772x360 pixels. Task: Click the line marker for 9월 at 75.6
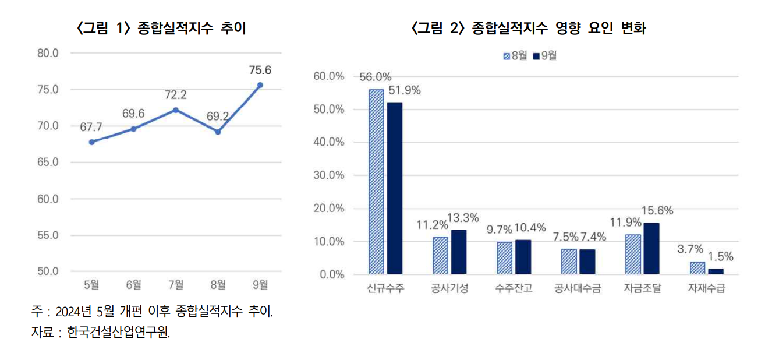(260, 85)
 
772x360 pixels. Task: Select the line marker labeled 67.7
(92, 142)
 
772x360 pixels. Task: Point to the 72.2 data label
(176, 95)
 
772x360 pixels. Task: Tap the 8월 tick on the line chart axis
(218, 284)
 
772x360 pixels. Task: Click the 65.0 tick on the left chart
(48, 163)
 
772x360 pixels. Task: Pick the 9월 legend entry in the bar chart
(545, 56)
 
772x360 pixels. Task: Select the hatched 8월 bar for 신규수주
(376, 181)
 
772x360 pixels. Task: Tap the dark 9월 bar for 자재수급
(716, 271)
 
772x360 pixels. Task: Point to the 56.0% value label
(376, 77)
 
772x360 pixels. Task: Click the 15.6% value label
(657, 211)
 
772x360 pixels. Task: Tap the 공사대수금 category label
(578, 288)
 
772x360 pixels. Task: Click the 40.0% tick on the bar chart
(329, 142)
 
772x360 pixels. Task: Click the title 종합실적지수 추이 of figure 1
(192, 28)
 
